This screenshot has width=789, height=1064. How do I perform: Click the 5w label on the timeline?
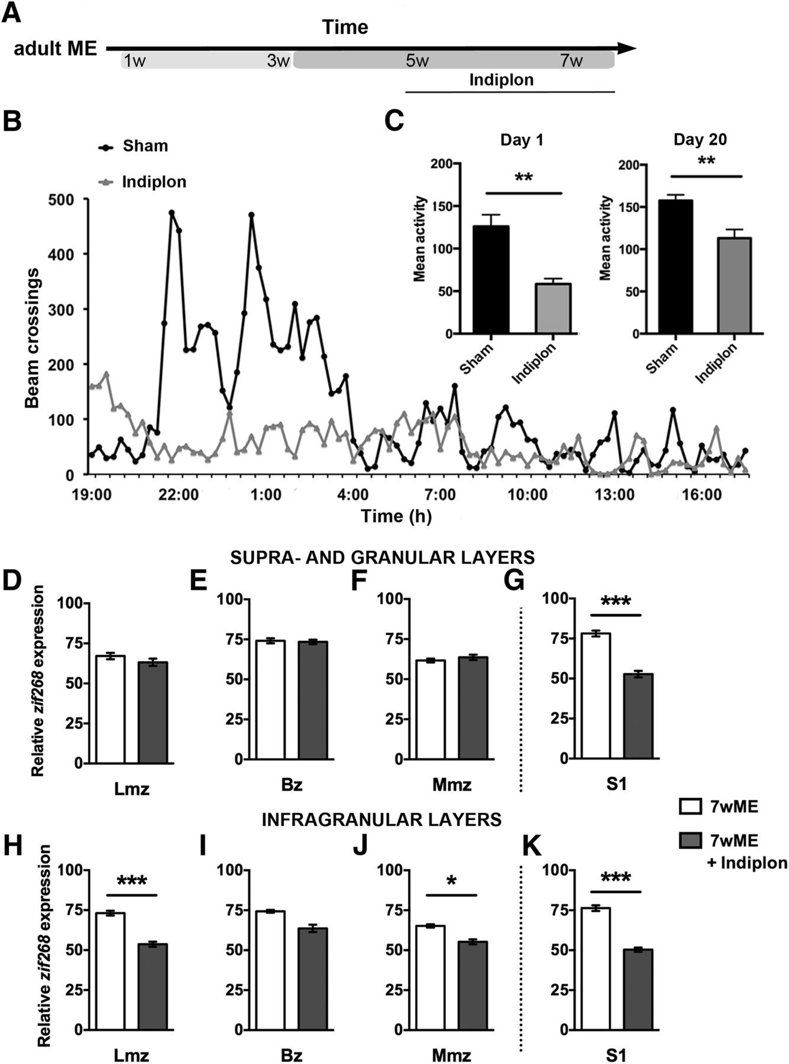tap(417, 61)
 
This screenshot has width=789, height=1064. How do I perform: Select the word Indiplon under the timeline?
tap(501, 80)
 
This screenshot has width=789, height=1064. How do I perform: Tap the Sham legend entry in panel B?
tap(145, 146)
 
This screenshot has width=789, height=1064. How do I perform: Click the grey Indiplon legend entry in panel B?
tap(154, 181)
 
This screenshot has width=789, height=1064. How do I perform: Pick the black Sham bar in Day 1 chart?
tap(491, 280)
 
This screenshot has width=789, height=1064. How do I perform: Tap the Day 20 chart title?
tap(700, 140)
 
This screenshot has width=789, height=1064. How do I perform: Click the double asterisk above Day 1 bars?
tap(523, 178)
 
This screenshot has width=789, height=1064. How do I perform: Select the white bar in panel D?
tap(111, 709)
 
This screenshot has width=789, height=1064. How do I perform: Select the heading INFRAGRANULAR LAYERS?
tap(382, 819)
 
